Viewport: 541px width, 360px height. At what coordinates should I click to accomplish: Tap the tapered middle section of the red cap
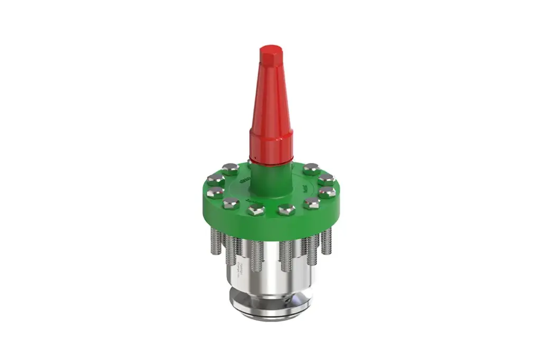pos(270,100)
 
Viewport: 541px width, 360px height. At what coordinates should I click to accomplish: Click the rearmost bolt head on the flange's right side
pos(311,168)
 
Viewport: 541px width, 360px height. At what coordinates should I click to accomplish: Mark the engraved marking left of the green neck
pos(244,182)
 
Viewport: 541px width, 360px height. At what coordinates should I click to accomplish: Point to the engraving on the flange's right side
pos(305,187)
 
